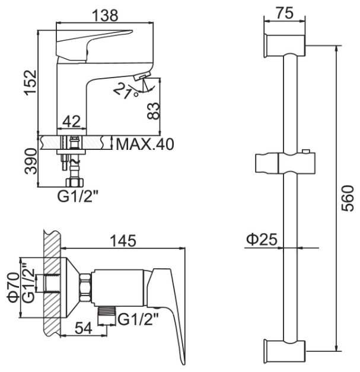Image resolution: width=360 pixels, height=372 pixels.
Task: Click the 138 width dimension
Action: [104, 15]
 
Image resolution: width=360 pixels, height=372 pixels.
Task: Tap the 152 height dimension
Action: [31, 82]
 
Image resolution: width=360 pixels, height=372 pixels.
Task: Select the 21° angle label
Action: [125, 91]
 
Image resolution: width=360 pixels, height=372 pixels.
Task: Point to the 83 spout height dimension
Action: [152, 111]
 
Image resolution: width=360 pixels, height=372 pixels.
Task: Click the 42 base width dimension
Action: [71, 121]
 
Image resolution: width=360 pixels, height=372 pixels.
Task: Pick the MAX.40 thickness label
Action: [145, 144]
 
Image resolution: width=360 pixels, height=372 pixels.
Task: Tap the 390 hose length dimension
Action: [31, 161]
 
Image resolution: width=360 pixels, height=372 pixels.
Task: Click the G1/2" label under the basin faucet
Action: [78, 197]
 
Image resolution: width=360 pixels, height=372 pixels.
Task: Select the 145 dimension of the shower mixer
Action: [123, 240]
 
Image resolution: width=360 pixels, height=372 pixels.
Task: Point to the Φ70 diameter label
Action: [14, 287]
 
